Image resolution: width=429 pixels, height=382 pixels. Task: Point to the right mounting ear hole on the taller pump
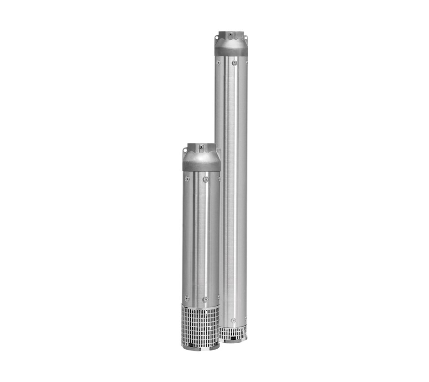pos(246,37)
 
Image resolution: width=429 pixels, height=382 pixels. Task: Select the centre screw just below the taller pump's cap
pos(234,63)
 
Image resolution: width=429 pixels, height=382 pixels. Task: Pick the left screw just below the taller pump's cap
pos(218,62)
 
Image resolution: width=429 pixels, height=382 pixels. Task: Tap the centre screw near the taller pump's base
pos(234,320)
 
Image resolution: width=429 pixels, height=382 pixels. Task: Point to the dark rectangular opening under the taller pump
pos(233,340)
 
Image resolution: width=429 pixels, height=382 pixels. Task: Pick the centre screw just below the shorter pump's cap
pos(205,180)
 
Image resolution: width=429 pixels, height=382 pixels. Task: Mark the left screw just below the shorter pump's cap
pos(187,179)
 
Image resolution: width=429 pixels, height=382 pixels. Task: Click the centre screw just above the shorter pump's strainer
pos(205,299)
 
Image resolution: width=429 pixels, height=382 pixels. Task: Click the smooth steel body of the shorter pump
pos(201,238)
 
